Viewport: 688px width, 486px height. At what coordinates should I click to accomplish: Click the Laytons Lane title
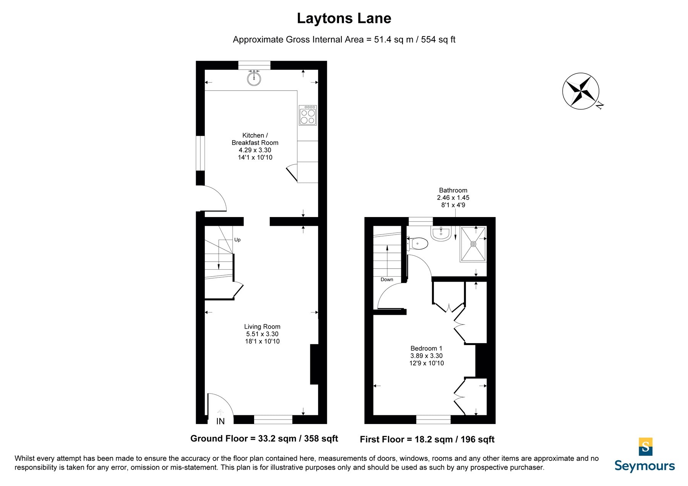(344, 18)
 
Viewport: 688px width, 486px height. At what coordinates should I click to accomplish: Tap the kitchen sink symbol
(254, 78)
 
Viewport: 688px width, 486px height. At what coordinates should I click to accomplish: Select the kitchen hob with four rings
(308, 115)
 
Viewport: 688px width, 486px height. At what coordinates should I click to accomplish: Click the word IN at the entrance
(221, 421)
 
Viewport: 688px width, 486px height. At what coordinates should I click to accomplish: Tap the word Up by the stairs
(237, 240)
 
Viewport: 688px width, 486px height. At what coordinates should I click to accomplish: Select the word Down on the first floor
(387, 280)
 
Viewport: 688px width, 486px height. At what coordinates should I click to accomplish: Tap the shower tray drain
(473, 244)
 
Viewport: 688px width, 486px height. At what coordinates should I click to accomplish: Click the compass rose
(581, 91)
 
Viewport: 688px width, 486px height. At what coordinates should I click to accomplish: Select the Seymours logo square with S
(646, 447)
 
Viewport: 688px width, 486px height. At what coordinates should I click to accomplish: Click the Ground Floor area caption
(264, 439)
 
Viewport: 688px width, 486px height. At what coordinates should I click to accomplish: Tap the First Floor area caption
(427, 439)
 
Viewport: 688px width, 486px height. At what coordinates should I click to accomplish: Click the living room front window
(273, 420)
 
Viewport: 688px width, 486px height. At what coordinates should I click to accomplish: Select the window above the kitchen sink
(254, 65)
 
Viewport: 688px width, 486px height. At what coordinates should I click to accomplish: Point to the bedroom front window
(433, 420)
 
